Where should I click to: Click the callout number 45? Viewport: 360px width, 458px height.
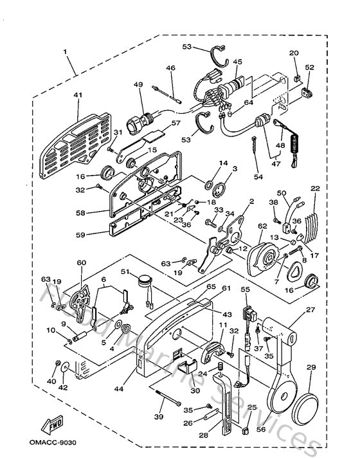(237, 62)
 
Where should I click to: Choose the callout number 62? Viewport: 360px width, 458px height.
(262, 226)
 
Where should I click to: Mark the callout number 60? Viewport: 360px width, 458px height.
(81, 262)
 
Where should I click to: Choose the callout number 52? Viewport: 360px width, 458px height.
(309, 68)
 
